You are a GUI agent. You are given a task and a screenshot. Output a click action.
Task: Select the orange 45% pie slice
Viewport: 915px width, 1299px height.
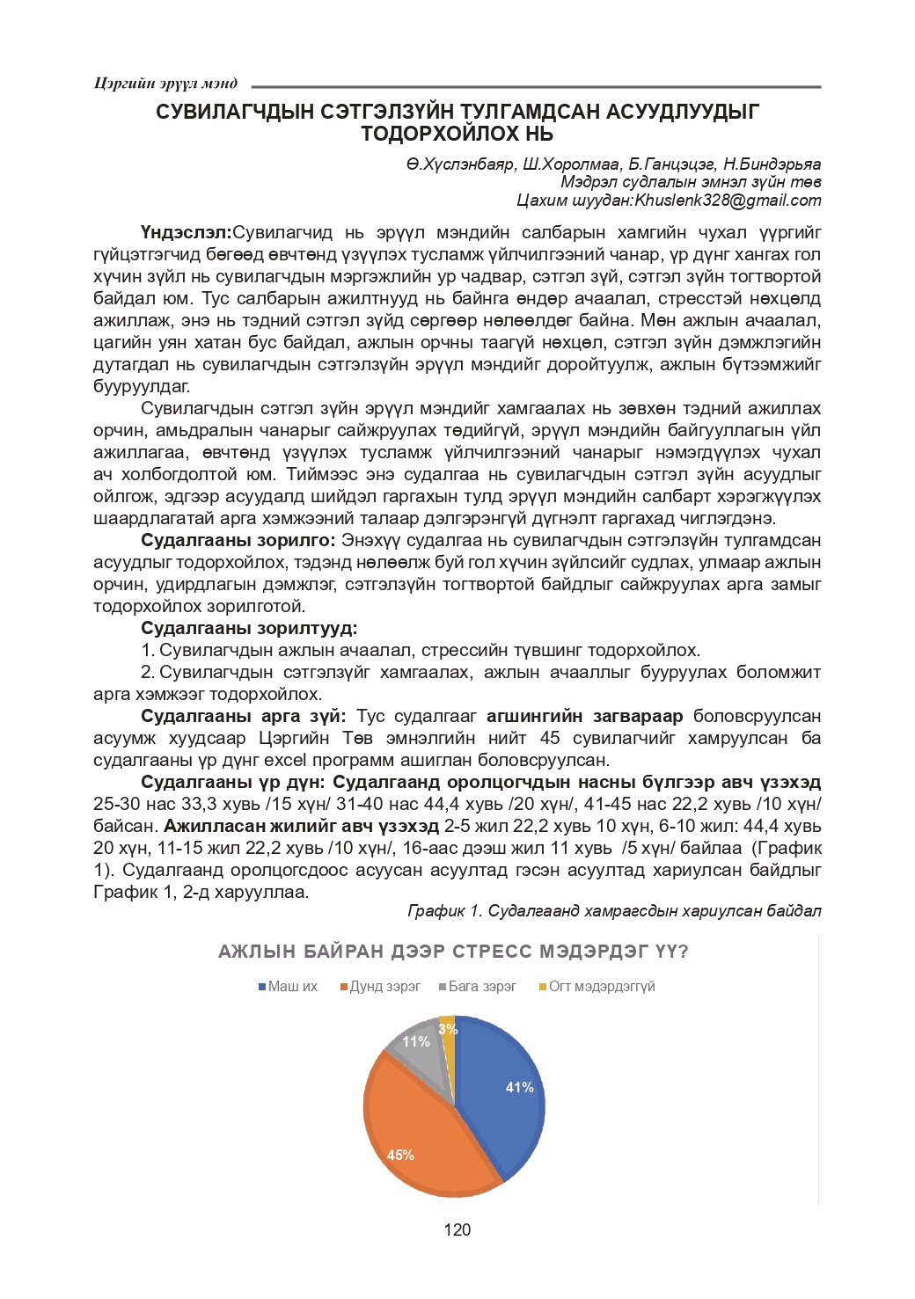414,1135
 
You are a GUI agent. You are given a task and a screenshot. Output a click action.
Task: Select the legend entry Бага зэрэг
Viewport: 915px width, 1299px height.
482,987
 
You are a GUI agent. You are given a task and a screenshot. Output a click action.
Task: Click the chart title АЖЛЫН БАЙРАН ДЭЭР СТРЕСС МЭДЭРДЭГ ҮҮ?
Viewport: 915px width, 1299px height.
453,952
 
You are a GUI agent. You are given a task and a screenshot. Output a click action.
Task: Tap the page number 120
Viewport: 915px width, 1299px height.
457,1230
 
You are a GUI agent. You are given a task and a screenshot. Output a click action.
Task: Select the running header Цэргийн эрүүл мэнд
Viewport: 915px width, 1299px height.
165,84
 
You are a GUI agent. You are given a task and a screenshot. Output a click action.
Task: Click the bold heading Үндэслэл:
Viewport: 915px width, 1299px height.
186,233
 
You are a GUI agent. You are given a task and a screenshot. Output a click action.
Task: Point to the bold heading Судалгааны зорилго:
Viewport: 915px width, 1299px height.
238,541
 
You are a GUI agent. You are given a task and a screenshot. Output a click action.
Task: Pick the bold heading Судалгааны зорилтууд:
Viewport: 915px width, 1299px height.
249,629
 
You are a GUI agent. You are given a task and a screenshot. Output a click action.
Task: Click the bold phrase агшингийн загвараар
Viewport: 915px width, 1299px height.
584,717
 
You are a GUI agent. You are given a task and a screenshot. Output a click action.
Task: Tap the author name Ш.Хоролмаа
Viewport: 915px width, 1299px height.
571,164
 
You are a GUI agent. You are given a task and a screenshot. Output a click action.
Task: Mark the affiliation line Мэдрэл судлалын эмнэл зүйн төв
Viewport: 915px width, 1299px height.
691,182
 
